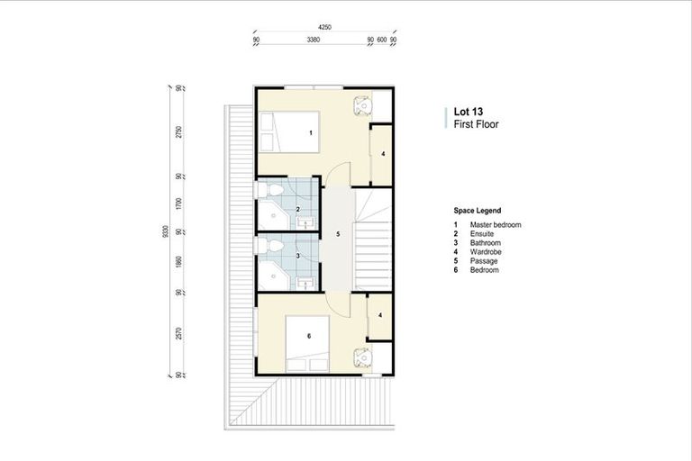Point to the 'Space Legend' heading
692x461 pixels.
coord(478,210)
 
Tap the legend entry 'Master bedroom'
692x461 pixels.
coord(496,224)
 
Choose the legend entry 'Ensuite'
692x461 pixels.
coord(482,233)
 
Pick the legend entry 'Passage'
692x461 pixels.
coord(483,261)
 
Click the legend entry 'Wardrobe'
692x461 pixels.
coord(485,252)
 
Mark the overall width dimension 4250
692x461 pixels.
coord(325,28)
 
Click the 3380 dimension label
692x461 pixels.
coord(313,41)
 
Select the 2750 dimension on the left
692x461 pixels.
coord(179,131)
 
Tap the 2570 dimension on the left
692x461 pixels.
coord(179,332)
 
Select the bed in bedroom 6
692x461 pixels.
coord(306,342)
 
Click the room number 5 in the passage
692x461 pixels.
coord(337,234)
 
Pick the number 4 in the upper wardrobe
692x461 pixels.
coord(382,154)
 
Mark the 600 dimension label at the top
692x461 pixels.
coord(381,41)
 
